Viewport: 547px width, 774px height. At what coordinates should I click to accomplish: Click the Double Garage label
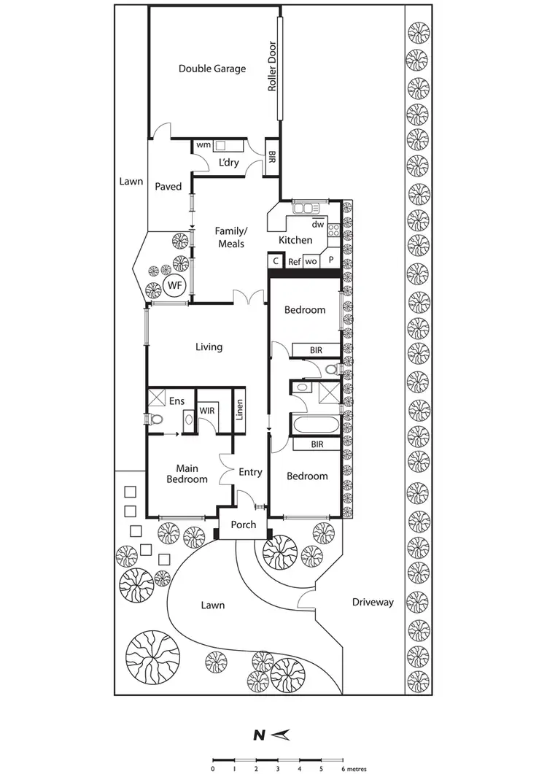[x=212, y=69]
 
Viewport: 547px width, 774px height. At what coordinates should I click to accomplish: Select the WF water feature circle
[x=175, y=285]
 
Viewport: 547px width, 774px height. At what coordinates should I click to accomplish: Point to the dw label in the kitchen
[x=317, y=224]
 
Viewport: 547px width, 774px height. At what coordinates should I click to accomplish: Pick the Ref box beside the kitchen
[x=294, y=261]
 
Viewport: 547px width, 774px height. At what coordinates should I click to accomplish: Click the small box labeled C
[x=276, y=260]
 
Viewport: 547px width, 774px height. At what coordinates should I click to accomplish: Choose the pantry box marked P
[x=330, y=260]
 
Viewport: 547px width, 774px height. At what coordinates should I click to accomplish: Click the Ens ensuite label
[x=176, y=401]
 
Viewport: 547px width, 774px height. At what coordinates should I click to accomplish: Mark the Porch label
[x=243, y=525]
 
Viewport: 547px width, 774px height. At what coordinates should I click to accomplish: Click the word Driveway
[x=373, y=602]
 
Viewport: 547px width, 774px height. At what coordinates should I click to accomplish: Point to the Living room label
[x=209, y=347]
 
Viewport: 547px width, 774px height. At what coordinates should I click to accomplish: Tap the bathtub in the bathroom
[x=314, y=425]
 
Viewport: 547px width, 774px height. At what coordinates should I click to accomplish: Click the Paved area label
[x=168, y=187]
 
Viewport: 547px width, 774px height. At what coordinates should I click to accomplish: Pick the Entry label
[x=250, y=473]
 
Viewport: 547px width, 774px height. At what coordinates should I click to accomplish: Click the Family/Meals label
[x=229, y=237]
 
